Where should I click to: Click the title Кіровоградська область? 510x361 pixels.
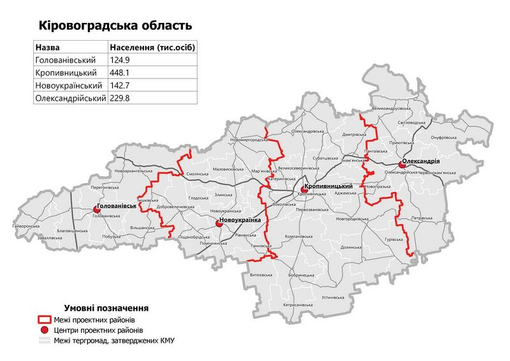click(x=115, y=26)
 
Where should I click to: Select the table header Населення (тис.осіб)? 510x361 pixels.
click(x=152, y=48)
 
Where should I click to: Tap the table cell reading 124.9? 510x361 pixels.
click(x=121, y=61)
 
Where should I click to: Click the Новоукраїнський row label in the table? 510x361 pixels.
click(x=69, y=85)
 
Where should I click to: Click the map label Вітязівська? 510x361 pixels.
click(x=263, y=275)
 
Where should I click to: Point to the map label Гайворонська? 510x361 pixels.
click(x=26, y=226)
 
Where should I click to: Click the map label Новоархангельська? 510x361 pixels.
click(x=133, y=172)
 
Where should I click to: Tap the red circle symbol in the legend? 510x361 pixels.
click(x=45, y=330)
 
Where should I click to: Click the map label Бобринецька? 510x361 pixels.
click(x=301, y=275)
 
